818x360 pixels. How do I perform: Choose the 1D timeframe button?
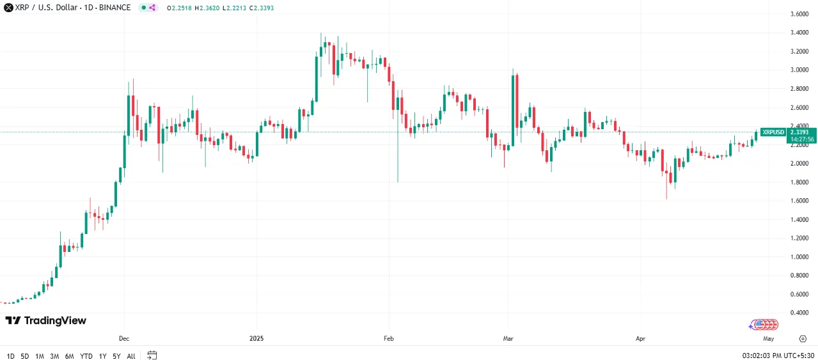tap(11, 356)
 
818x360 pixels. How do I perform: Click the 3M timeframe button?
tap(54, 356)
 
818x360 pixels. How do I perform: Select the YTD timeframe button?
tap(86, 356)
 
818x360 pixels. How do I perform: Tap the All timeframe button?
tap(131, 356)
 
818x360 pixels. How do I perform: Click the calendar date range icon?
tap(152, 355)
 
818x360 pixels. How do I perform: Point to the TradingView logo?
tap(45, 320)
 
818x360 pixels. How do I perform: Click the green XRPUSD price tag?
tap(773, 132)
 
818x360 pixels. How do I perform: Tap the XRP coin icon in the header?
tap(8, 8)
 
